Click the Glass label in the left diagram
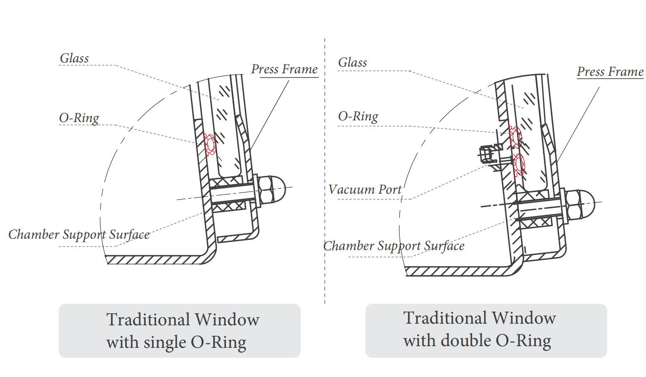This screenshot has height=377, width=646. coord(74,58)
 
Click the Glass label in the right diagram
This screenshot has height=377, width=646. coord(352,62)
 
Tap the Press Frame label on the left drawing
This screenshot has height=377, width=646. coord(284,69)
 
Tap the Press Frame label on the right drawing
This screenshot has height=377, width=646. coord(610,72)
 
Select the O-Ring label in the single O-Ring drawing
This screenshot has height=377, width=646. coord(79,118)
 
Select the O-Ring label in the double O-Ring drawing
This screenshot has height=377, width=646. coord(358,116)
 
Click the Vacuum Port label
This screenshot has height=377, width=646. coord(365,190)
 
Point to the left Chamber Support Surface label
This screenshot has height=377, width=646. coord(79,235)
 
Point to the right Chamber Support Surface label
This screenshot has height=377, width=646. coord(394,246)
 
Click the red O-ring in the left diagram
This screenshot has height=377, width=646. coord(210,145)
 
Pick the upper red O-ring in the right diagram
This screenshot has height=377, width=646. coord(515,137)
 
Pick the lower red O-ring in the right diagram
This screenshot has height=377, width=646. coord(518,165)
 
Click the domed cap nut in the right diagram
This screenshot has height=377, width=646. coord(580,204)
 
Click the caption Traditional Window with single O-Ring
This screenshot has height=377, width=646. coord(179,331)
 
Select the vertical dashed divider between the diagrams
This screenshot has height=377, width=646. coord(324,167)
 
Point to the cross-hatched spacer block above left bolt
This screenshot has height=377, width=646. coord(226,182)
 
